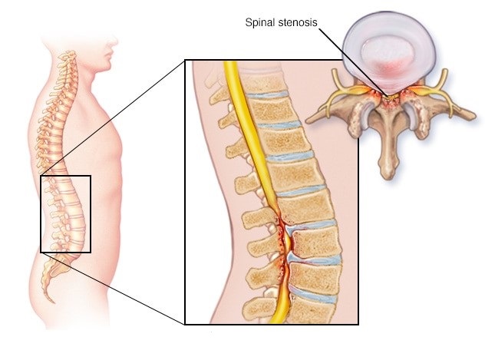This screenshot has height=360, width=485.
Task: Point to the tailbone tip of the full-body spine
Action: coord(53,301)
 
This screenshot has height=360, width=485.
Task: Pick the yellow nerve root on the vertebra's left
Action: coord(334,93)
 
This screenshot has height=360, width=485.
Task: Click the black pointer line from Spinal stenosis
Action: coord(352,62)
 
